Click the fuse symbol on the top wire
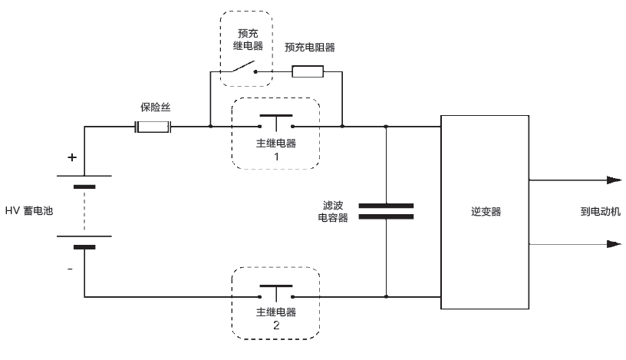click(x=153, y=127)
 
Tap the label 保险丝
click(x=154, y=107)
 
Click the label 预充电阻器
click(x=309, y=48)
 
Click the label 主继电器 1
click(x=275, y=149)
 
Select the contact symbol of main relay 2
click(x=275, y=292)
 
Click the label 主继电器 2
click(x=275, y=319)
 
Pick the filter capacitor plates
click(x=386, y=211)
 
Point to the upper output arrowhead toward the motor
click(x=613, y=180)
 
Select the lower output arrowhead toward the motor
click(x=613, y=244)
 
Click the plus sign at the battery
click(x=72, y=158)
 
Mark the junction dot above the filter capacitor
click(x=386, y=127)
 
